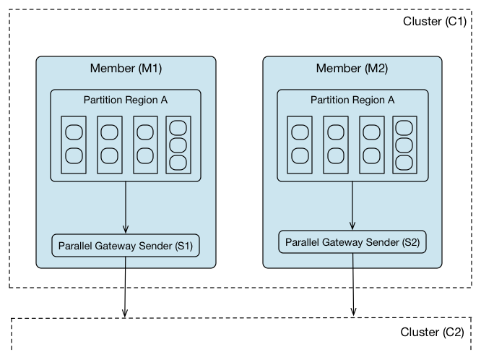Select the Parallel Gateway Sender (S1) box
click(126, 246)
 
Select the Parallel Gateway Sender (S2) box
click(352, 241)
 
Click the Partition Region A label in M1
click(126, 100)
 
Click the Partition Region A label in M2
click(352, 100)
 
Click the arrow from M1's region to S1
click(126, 207)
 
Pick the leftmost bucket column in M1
click(73, 145)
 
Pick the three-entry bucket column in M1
click(178, 145)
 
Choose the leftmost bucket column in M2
click(299, 145)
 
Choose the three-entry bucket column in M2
click(404, 145)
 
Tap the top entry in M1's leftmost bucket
click(73, 133)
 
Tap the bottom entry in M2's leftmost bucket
click(299, 155)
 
